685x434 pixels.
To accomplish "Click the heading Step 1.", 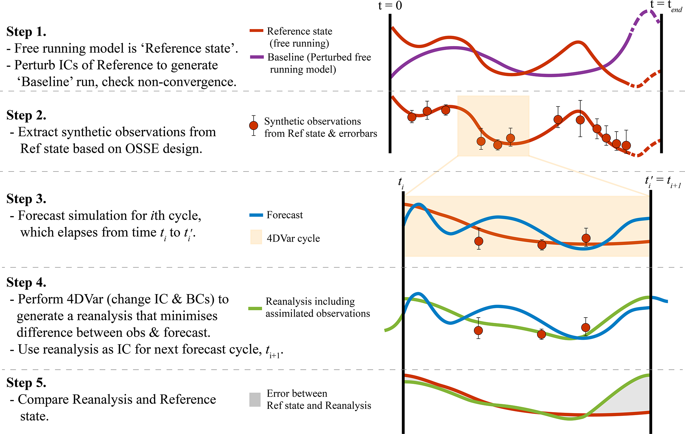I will [26, 32].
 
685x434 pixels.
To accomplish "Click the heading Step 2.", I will [26, 115].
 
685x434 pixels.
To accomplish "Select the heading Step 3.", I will [26, 199].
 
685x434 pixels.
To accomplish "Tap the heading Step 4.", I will [26, 282].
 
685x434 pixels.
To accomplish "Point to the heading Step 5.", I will [26, 383].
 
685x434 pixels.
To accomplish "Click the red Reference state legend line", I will [256, 31].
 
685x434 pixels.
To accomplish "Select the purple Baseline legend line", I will [257, 57].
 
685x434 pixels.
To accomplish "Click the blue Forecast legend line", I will [256, 215].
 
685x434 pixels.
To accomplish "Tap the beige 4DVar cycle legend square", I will [256, 237].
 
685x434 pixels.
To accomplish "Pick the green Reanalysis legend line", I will [255, 309].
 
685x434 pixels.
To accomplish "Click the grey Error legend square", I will [255, 400].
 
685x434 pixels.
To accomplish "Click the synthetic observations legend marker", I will [254, 126].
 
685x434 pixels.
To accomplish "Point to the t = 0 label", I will [390, 6].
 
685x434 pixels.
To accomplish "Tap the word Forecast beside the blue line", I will [285, 215].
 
